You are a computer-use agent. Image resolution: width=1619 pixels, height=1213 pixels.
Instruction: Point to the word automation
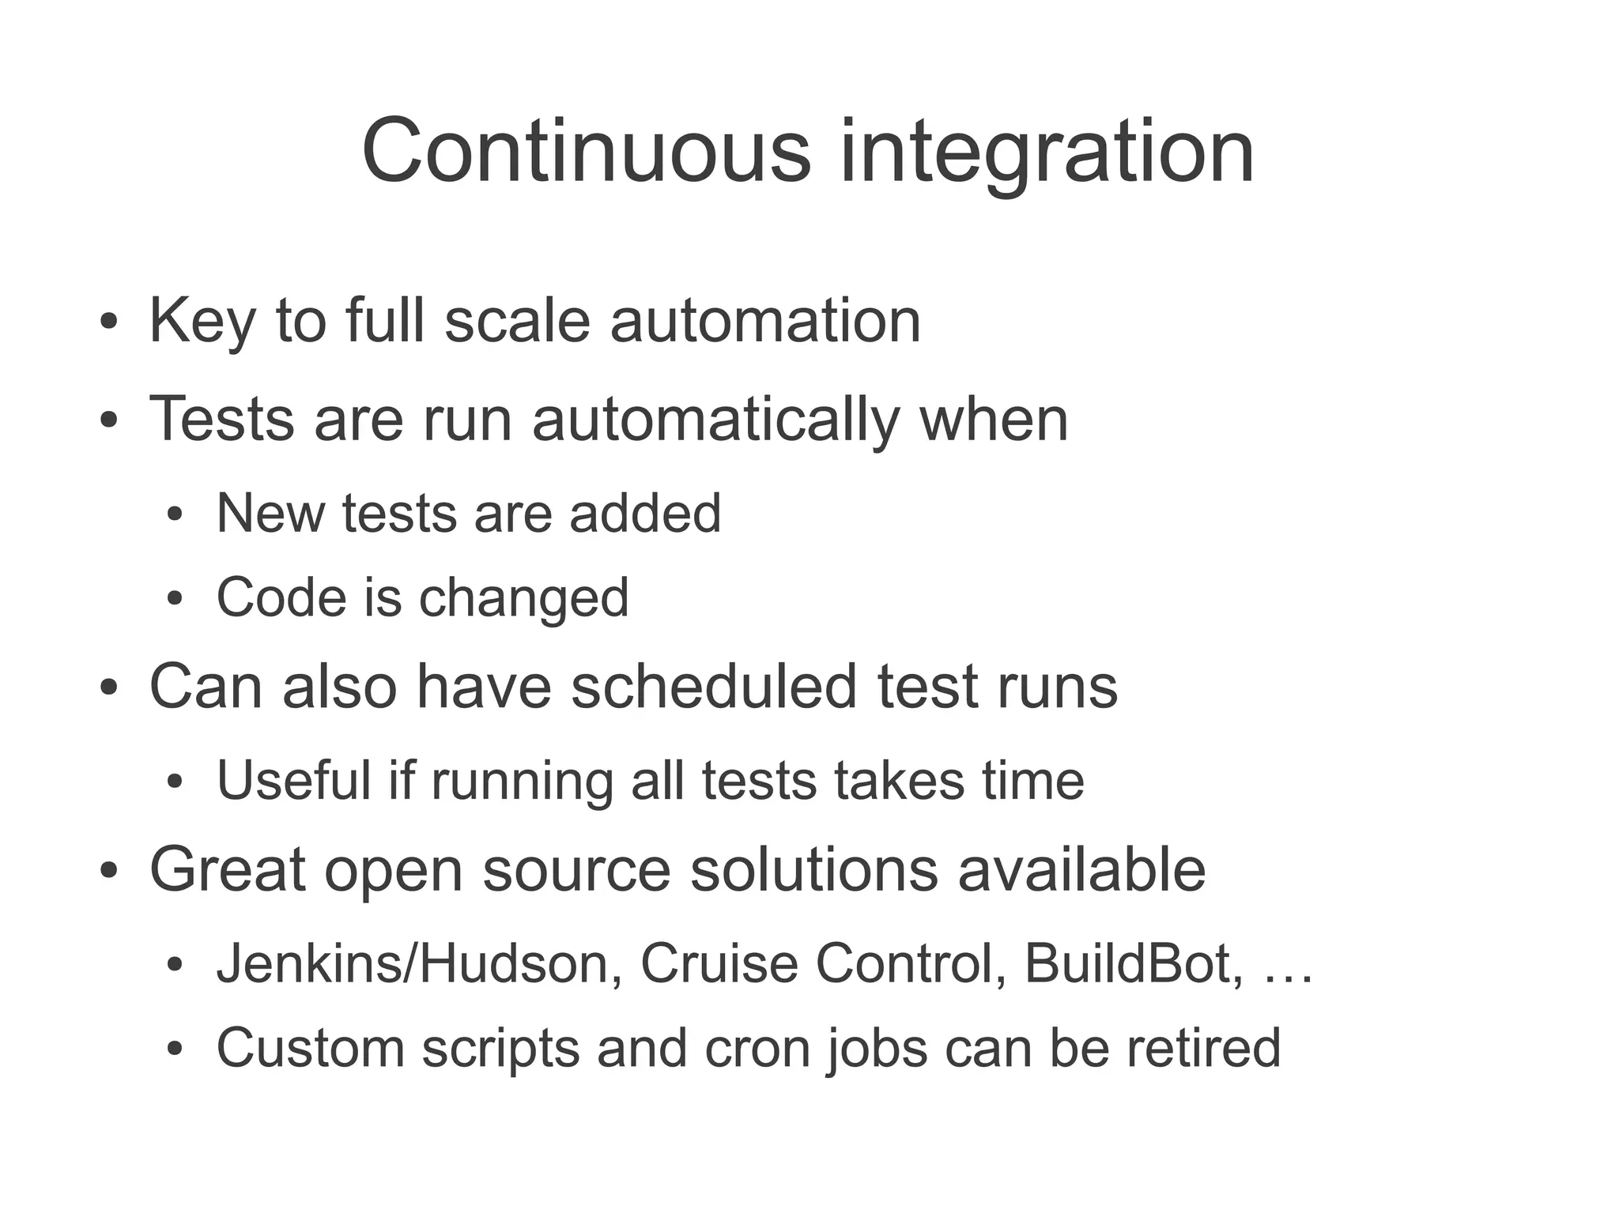coord(765,321)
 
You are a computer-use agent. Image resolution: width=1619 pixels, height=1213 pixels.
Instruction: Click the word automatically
coord(715,420)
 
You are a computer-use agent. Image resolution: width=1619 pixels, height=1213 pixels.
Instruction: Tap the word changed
coord(524,600)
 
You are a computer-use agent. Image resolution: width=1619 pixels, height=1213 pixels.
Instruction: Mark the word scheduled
coord(714,686)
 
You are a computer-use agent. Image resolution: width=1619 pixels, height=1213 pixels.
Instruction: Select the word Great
coord(228,870)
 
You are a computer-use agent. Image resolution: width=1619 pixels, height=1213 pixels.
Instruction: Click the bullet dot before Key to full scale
coord(109,324)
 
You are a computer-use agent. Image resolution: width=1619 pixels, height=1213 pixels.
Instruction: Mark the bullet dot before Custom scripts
coord(175,1050)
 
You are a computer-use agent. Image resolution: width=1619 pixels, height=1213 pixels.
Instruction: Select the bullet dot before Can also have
coord(109,688)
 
